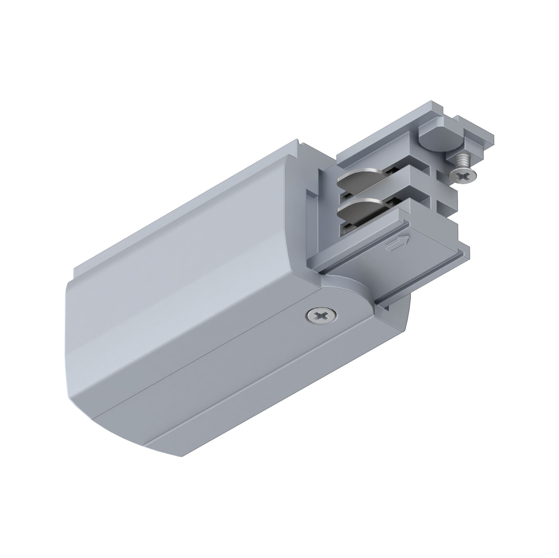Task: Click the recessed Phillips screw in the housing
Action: coord(321,315)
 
